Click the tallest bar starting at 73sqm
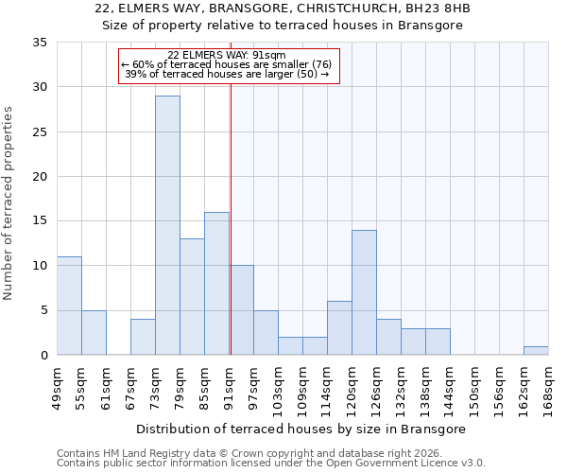(x=167, y=225)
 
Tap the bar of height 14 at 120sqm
(x=364, y=292)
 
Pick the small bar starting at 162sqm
(x=536, y=350)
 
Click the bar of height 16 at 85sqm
(x=216, y=283)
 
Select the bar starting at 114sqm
(x=339, y=328)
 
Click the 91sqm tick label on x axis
(x=229, y=385)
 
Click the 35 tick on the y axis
(x=40, y=43)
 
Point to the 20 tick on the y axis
(x=40, y=177)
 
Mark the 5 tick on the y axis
(x=43, y=310)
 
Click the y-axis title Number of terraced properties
(x=9, y=202)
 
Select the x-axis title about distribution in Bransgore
(x=301, y=429)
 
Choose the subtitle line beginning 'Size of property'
(x=283, y=26)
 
